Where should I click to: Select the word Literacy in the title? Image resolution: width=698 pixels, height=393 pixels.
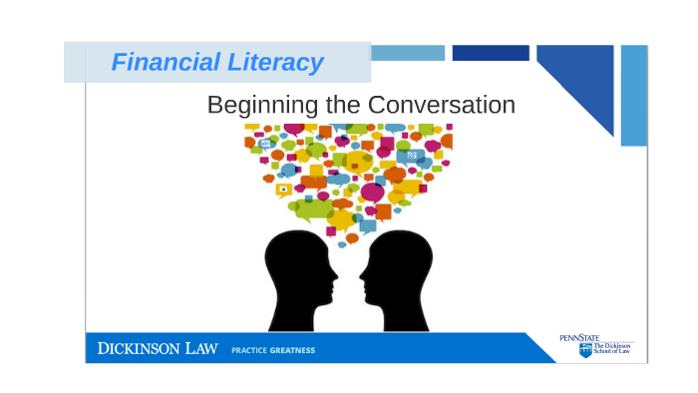pyautogui.click(x=280, y=63)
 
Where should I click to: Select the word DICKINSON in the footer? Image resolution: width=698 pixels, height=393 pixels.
pyautogui.click(x=140, y=349)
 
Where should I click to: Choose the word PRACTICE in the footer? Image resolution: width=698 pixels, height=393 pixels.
pyautogui.click(x=248, y=350)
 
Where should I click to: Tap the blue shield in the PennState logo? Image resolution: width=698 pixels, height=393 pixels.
pyautogui.click(x=585, y=350)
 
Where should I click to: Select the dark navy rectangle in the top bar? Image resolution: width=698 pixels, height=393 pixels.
pyautogui.click(x=490, y=53)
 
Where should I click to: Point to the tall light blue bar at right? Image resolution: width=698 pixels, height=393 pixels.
pyautogui.click(x=634, y=95)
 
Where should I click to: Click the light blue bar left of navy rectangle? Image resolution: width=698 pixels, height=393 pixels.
pyautogui.click(x=408, y=53)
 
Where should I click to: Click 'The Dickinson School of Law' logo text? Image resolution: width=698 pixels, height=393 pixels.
pyautogui.click(x=612, y=350)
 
